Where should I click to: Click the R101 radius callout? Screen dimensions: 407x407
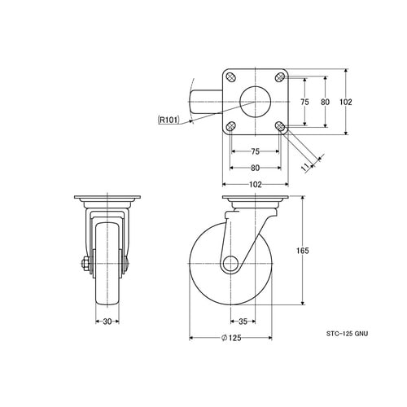(168, 120)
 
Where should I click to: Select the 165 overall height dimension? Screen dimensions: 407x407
(303, 251)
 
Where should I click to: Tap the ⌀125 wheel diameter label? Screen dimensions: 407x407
(231, 338)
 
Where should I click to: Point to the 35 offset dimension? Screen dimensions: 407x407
(243, 322)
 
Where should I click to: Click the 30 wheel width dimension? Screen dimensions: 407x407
(107, 322)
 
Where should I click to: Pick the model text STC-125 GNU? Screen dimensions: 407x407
(347, 334)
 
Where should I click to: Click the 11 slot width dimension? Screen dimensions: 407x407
(306, 167)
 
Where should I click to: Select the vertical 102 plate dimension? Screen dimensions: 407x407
(346, 102)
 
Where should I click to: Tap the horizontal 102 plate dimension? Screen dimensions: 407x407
(256, 185)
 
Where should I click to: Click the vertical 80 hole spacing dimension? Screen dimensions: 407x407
(325, 102)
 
